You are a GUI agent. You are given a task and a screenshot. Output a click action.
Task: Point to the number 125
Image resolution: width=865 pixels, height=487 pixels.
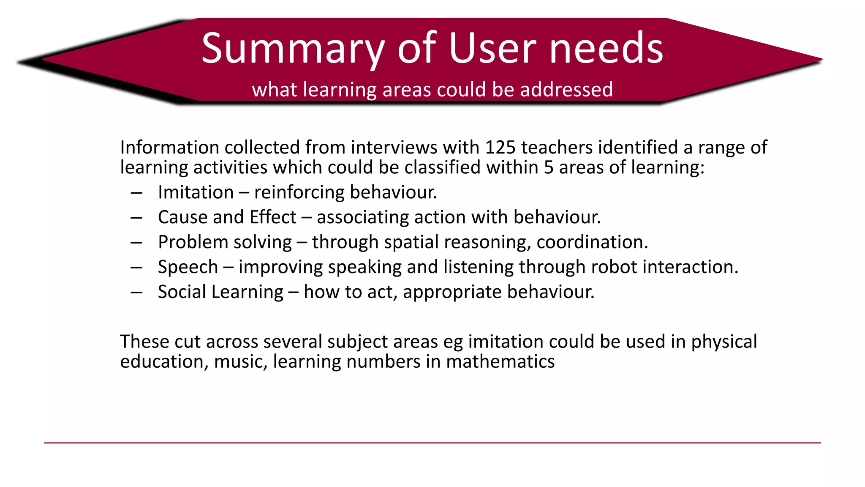(501, 148)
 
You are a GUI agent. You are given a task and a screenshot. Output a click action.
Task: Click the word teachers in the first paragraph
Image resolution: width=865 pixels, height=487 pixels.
(557, 148)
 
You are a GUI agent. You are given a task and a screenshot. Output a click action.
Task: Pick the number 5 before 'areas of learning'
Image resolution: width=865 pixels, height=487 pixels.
(548, 167)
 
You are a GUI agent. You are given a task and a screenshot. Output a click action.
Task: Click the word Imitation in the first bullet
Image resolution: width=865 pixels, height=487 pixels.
(196, 192)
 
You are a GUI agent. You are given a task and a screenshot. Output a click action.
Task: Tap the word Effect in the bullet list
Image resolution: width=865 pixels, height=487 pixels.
(273, 217)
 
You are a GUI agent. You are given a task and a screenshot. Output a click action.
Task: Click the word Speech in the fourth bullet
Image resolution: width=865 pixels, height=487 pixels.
(188, 267)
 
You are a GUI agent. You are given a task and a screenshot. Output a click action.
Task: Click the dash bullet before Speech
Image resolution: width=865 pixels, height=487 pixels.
(136, 268)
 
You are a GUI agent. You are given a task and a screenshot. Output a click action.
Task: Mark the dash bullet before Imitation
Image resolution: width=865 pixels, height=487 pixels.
(136, 193)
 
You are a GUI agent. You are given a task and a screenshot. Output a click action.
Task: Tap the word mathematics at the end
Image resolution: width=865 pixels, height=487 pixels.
(500, 362)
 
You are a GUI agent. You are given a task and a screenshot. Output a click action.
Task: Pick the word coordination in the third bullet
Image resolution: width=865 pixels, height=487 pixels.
(592, 242)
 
